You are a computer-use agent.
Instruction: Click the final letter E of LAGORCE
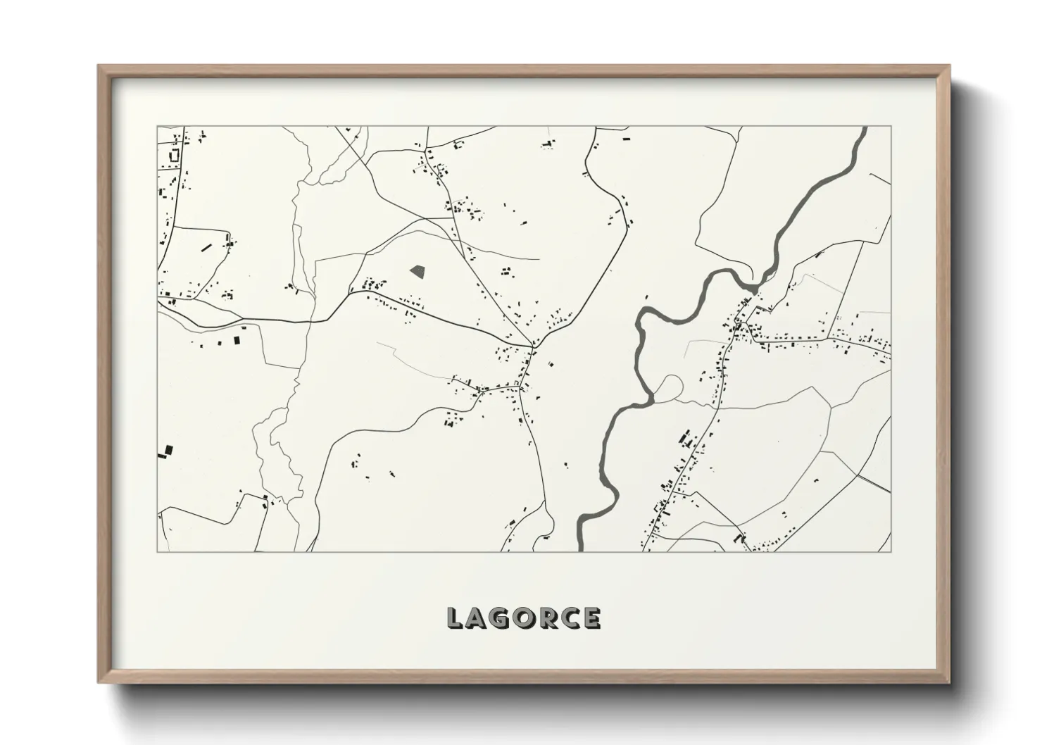click(x=592, y=618)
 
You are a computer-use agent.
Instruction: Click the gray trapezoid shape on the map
click(x=418, y=270)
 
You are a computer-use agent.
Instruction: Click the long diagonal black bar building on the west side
click(x=206, y=247)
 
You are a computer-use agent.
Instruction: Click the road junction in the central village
click(x=533, y=346)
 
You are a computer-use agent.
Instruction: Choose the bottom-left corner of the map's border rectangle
click(x=157, y=551)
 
